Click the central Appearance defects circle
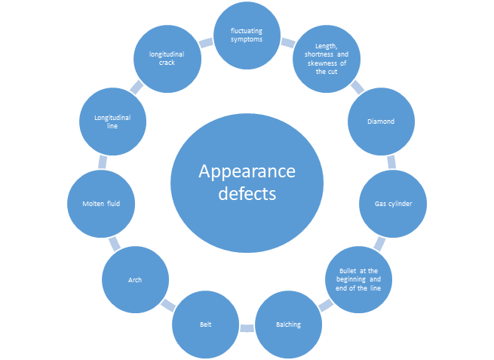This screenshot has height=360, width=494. [247, 182]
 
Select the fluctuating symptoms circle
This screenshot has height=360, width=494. [247, 35]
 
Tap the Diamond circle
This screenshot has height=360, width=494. [380, 122]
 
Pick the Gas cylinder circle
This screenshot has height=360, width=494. [392, 204]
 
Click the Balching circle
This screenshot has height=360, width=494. [287, 325]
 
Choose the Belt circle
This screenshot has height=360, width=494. [205, 325]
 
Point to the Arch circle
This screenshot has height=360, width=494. [135, 280]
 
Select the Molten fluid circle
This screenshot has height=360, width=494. [102, 204]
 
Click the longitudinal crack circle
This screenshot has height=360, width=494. [167, 59]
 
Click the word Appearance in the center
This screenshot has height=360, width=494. [247, 171]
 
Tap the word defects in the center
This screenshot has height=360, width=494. [247, 193]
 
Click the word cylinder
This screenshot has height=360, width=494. [401, 204]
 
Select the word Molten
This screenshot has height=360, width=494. [93, 204]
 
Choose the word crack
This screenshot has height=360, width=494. [167, 63]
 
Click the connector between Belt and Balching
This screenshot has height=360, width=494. [247, 326]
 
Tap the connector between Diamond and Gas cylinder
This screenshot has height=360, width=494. [390, 162]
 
